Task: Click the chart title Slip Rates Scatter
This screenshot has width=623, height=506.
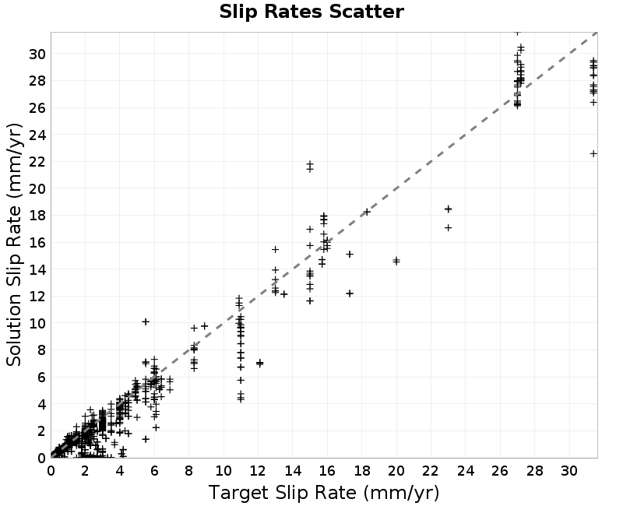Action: click(x=311, y=12)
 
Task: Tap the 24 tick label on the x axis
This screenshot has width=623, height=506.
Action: click(x=465, y=471)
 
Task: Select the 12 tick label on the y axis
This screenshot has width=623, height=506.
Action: click(x=37, y=297)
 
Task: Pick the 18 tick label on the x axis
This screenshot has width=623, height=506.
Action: click(x=361, y=471)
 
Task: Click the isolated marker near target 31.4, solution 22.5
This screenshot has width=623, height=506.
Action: click(x=593, y=153)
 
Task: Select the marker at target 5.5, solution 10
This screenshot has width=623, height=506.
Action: click(x=146, y=322)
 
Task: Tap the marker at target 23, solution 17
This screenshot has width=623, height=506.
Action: click(x=449, y=227)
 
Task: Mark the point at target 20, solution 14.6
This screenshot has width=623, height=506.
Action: click(x=396, y=261)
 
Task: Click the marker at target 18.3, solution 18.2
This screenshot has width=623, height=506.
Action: click(x=367, y=212)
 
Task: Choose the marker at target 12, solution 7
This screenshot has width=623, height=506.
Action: click(x=260, y=363)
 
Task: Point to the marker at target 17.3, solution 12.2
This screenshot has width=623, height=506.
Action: click(x=350, y=293)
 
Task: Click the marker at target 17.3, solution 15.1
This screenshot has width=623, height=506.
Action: click(x=350, y=255)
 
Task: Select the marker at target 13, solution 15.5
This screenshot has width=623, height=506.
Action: click(x=276, y=249)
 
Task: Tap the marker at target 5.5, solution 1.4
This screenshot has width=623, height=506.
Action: click(x=146, y=439)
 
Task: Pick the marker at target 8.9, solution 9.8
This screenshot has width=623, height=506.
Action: click(x=205, y=326)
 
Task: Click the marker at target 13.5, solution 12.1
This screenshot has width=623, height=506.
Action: click(x=283, y=294)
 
